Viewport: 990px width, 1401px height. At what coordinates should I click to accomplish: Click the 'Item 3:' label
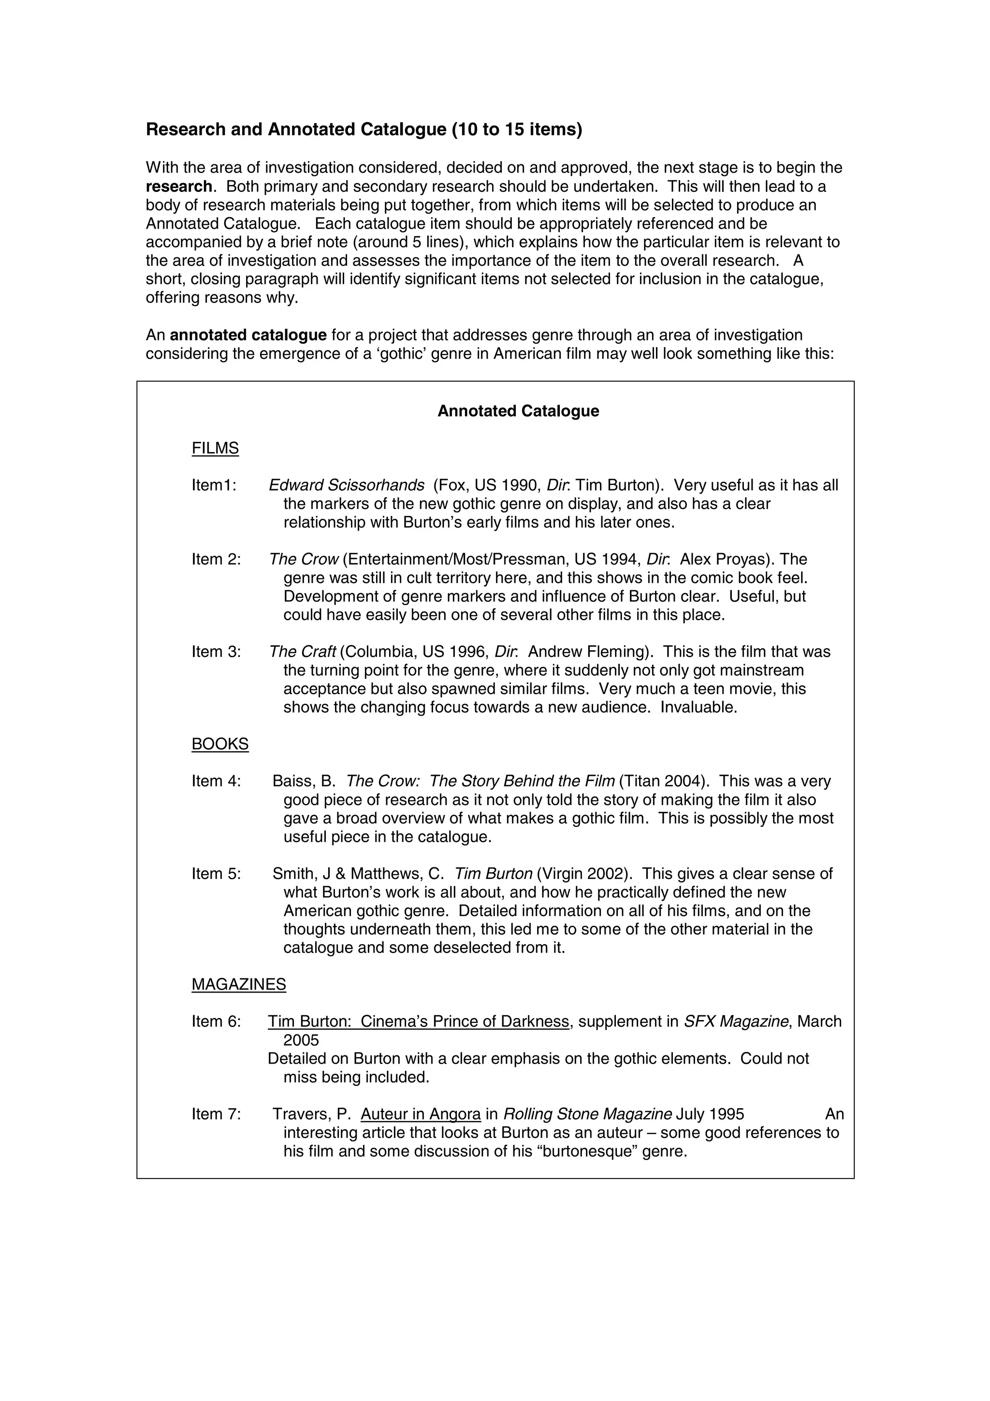(x=216, y=652)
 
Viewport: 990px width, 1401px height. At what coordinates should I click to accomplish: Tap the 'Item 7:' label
(x=216, y=1114)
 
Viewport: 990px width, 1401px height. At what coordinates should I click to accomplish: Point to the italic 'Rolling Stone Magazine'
(x=587, y=1114)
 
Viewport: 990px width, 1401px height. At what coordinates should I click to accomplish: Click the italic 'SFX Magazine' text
(x=736, y=1022)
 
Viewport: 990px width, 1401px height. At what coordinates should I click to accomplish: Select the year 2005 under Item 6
(x=301, y=1040)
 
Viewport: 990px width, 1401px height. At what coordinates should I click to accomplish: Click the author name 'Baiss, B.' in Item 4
(x=303, y=781)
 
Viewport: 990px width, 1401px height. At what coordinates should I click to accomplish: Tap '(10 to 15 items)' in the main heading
(x=517, y=130)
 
